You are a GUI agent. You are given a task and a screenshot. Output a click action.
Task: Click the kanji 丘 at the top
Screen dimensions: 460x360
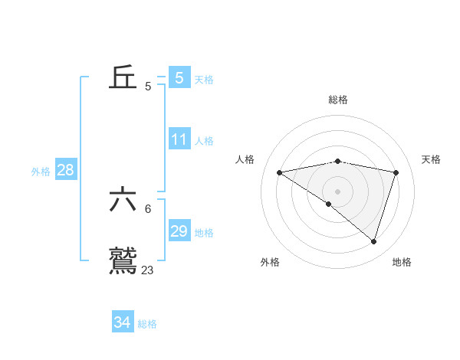tap(123, 77)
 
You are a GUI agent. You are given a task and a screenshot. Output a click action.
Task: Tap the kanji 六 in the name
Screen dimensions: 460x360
tap(123, 200)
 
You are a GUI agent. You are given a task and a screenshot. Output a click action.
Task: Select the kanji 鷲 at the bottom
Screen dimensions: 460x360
tap(123, 260)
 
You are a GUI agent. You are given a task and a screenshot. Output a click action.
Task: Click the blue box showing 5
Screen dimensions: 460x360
tap(179, 77)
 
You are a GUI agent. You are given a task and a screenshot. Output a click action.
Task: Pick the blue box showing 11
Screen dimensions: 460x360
tap(179, 139)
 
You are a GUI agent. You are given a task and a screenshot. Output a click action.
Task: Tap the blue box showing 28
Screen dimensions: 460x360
tap(66, 170)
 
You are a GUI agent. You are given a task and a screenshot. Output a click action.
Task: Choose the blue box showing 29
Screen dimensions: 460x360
tap(179, 231)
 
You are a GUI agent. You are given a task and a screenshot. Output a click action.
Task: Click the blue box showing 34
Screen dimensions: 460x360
tap(123, 322)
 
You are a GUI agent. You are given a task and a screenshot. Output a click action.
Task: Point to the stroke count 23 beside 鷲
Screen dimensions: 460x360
tap(147, 270)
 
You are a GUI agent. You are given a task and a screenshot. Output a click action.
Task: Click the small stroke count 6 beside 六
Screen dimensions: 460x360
tap(148, 208)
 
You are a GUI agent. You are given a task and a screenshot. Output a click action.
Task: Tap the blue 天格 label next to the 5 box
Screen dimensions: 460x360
tap(204, 79)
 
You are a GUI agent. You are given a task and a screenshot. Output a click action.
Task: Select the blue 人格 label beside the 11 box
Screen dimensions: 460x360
tap(204, 141)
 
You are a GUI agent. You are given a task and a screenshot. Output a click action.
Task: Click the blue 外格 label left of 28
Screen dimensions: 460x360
tap(41, 172)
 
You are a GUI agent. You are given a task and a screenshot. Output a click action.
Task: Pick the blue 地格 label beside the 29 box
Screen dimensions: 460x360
tap(204, 233)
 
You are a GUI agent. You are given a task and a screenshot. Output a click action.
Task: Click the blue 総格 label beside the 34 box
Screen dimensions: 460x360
tap(147, 324)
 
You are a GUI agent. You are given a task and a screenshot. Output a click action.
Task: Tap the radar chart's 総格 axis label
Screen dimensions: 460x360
tap(337, 100)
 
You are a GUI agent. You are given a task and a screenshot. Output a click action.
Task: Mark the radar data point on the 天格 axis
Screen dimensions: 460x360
tap(396, 172)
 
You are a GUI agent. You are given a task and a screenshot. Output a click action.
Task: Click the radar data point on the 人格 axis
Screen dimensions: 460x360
tap(279, 172)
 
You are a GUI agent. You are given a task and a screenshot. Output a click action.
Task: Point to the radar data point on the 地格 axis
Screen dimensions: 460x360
tap(374, 242)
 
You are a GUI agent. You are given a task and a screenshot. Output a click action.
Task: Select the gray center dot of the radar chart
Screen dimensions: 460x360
tap(337, 191)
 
